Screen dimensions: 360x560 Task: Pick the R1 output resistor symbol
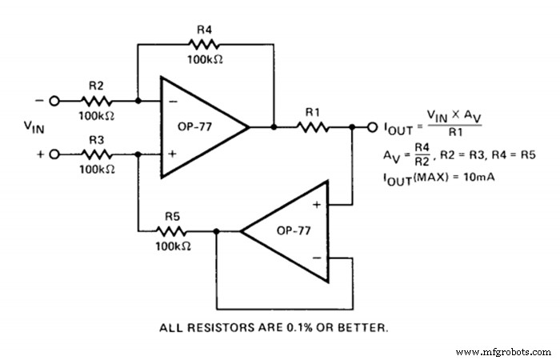pos(312,126)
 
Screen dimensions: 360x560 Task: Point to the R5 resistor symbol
pos(176,231)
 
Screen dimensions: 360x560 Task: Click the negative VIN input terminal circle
pos(54,102)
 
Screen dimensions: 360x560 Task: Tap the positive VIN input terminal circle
pos(54,154)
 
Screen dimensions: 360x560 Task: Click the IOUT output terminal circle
pos(372,126)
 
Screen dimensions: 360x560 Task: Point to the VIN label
pos(35,127)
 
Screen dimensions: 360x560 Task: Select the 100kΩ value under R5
pos(174,246)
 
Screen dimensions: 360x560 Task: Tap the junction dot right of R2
pos(138,102)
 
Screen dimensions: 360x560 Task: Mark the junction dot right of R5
pos(216,231)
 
